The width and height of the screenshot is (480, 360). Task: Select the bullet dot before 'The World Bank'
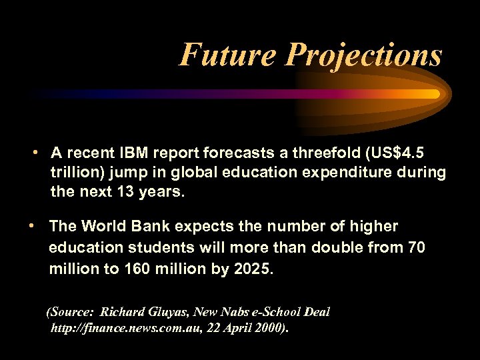[32, 226]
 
